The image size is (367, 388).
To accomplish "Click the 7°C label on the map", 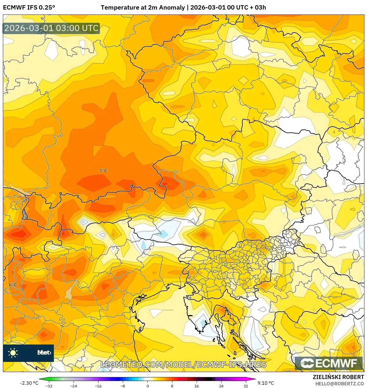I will click(103, 171).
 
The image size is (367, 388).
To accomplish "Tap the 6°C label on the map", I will click(13, 285).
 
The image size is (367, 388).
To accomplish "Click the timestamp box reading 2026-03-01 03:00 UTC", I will click(51, 28).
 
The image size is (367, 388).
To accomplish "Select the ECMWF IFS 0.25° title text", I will click(29, 8).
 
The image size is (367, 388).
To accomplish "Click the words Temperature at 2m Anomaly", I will click(143, 8).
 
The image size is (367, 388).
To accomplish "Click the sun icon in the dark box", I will click(13, 353).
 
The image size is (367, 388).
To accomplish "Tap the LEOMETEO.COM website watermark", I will click(183, 365).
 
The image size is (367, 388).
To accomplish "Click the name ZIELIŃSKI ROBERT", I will click(338, 377).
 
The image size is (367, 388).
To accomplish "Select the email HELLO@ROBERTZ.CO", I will click(339, 384).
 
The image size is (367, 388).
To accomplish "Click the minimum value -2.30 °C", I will click(29, 383).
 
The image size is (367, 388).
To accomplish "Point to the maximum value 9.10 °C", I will click(266, 383).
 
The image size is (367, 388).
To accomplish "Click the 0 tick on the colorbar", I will click(147, 386).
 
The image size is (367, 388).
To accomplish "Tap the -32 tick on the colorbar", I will click(49, 386).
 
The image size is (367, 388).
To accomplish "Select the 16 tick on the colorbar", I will click(196, 386).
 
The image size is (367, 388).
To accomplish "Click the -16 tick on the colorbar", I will click(98, 386).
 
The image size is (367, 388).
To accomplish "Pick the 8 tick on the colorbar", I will click(172, 386).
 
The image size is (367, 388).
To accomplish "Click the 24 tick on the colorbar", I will click(221, 386).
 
